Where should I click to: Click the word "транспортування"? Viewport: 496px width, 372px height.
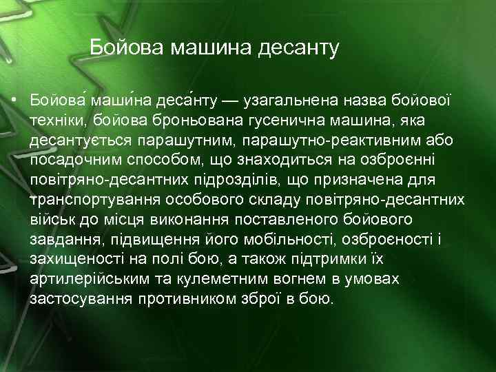point(96,200)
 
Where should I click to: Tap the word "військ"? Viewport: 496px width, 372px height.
point(51,220)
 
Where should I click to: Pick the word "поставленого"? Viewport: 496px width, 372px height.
point(297,220)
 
